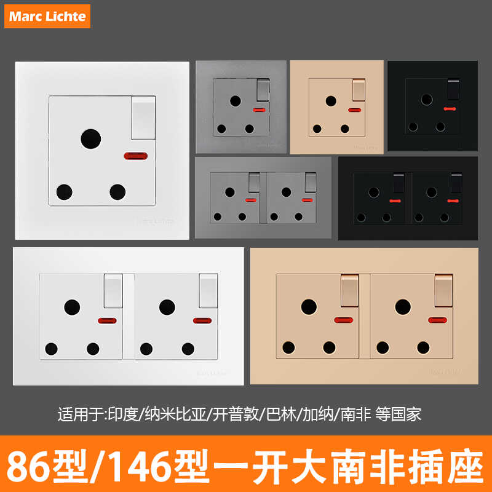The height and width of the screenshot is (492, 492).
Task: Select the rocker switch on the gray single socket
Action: click(262, 89)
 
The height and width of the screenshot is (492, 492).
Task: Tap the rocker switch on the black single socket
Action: click(454, 90)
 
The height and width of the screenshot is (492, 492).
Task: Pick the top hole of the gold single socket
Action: click(331, 101)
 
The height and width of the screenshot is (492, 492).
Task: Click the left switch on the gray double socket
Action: click(254, 183)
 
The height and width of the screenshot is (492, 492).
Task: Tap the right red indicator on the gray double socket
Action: click(306, 200)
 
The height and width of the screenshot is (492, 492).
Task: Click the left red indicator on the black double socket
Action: click(394, 201)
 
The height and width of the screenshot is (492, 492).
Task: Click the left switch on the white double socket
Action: click(112, 290)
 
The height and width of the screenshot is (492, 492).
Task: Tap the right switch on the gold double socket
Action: click(443, 290)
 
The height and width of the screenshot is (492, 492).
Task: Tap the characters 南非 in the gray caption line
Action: click(355, 413)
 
